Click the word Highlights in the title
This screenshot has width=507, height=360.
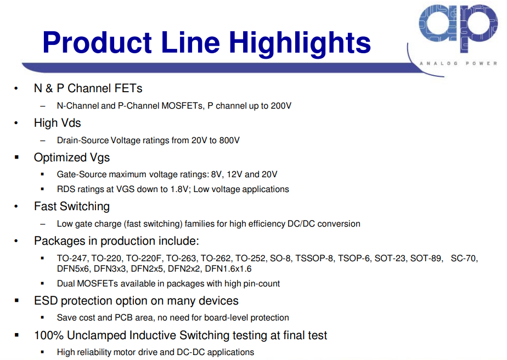coord(300,43)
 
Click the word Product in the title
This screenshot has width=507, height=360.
coord(97,42)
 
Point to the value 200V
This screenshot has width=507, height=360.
coord(281,106)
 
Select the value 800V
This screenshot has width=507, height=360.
coord(229,140)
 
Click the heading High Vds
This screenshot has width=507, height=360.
coord(57,123)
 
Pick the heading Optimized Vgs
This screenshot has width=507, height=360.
coord(72,157)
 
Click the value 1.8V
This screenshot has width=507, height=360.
coord(179,189)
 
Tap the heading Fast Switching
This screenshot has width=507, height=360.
coord(72,206)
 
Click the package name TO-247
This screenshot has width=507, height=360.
coord(71,258)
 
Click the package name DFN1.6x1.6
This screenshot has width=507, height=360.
coord(228,269)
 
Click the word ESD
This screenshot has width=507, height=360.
coord(46,301)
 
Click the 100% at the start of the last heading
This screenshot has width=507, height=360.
coord(49,335)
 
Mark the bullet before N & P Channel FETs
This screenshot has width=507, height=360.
coord(16,88)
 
